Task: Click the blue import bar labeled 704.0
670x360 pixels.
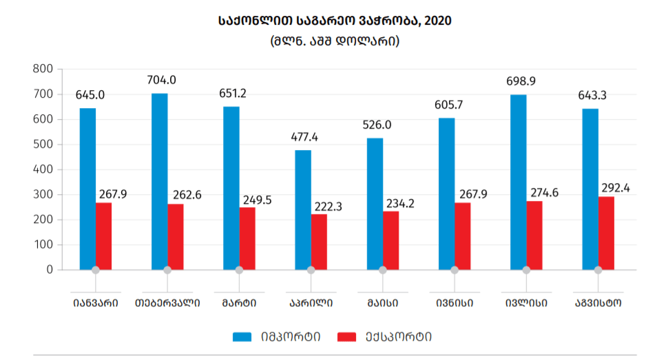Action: click(x=159, y=181)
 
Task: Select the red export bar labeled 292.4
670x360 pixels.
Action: click(x=606, y=233)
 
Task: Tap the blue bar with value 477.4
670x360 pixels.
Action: click(x=303, y=210)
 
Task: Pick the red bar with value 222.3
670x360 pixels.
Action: click(x=319, y=242)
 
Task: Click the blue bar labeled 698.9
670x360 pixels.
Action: click(x=518, y=182)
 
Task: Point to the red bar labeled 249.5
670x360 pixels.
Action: click(x=247, y=238)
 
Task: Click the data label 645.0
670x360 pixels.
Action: click(x=90, y=95)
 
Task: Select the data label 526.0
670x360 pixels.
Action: click(x=377, y=125)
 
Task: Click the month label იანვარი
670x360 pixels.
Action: click(x=95, y=302)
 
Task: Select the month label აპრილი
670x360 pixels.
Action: click(x=311, y=302)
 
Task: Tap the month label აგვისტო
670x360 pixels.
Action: click(x=598, y=302)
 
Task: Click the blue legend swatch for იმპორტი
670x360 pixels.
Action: click(x=242, y=337)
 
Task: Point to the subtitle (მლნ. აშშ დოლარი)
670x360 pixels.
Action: click(x=335, y=41)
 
